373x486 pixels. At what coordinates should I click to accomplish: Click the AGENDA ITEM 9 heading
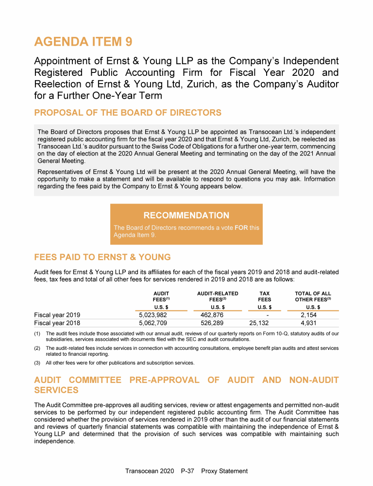tap(83, 42)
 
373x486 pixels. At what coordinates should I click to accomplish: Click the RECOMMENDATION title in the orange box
tap(186, 215)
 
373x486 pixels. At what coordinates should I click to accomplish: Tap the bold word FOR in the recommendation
tap(241, 227)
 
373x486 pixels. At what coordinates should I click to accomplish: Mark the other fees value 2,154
tap(309, 314)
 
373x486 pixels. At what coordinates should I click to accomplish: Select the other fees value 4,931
tap(309, 322)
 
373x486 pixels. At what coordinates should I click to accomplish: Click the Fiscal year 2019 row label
tap(57, 314)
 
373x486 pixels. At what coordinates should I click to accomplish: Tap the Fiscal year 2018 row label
tap(57, 322)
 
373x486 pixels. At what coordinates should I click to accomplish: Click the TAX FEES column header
tap(264, 296)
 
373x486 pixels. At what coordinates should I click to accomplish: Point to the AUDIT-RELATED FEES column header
tap(218, 296)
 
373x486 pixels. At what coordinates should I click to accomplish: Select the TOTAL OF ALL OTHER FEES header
tap(313, 296)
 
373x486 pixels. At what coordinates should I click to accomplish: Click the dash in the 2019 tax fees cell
tap(268, 314)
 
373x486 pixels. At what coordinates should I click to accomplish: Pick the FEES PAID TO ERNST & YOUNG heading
tap(102, 257)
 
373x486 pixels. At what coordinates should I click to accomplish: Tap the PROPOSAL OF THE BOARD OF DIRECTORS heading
tap(128, 113)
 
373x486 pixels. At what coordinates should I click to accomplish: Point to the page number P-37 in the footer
tap(187, 471)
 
